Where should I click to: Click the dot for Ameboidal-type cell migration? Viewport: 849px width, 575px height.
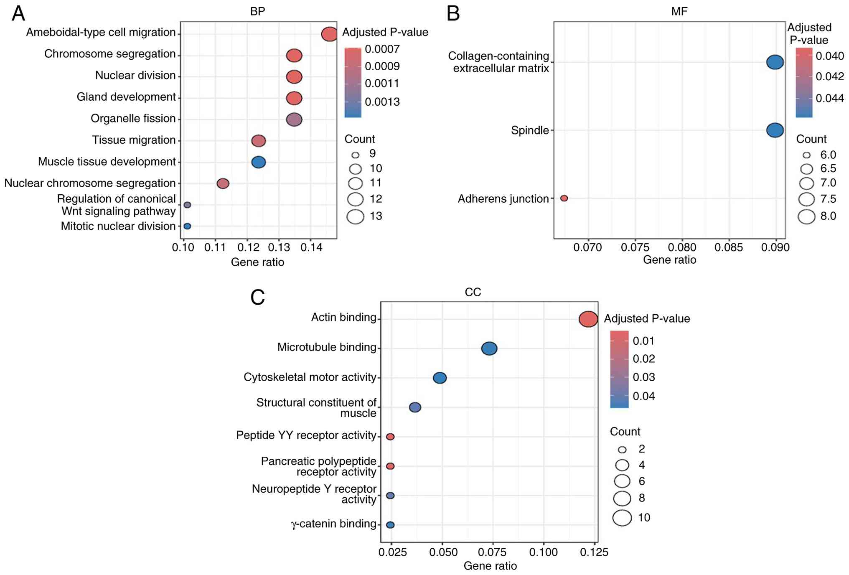click(x=329, y=34)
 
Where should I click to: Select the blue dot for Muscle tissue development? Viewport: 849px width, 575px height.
click(x=259, y=162)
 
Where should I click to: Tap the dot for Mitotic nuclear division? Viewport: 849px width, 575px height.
click(x=187, y=226)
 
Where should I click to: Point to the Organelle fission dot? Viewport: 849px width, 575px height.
click(x=294, y=120)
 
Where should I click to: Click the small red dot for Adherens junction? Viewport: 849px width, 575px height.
click(x=564, y=198)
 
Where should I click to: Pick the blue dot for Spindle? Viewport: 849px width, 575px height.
click(x=775, y=130)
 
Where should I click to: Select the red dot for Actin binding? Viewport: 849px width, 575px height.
click(x=588, y=319)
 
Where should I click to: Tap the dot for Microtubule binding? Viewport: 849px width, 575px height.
click(x=489, y=348)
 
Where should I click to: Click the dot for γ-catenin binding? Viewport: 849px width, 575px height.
click(x=390, y=525)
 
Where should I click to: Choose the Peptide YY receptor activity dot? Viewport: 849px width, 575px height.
click(x=390, y=437)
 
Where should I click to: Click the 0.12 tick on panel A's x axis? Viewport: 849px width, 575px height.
click(x=247, y=247)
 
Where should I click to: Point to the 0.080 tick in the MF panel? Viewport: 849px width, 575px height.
click(x=682, y=247)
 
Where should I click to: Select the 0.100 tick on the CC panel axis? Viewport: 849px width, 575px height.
click(x=544, y=552)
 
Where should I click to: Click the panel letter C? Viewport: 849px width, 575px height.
click(x=257, y=298)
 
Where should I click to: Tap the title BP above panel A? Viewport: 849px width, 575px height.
click(x=257, y=12)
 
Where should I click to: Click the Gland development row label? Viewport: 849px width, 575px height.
click(x=126, y=97)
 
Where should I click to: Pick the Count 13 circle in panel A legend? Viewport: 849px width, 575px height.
click(x=355, y=216)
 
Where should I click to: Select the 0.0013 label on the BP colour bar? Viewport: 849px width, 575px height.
click(x=382, y=102)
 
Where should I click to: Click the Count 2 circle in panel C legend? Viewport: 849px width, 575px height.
click(x=622, y=450)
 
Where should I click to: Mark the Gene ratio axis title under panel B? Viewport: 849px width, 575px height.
click(x=669, y=260)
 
